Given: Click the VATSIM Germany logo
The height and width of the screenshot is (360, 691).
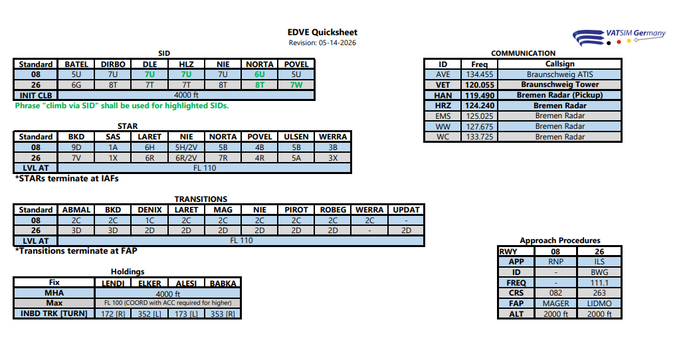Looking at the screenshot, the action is tap(619, 37).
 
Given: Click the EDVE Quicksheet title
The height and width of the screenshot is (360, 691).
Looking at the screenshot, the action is tap(322, 32).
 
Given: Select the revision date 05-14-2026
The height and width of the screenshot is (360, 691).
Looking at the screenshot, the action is tap(338, 43).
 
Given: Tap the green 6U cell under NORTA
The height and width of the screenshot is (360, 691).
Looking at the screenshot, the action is tap(260, 74).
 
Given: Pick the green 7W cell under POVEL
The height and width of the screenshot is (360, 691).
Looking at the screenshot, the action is tap(296, 84).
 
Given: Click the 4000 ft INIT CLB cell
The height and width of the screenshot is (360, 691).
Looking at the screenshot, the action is tap(186, 95).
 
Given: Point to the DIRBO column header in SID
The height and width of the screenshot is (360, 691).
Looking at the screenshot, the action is tap(113, 64).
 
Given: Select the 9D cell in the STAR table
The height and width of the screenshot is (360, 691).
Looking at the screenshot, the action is tap(76, 147).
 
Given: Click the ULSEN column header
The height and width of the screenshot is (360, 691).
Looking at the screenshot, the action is tap(296, 137).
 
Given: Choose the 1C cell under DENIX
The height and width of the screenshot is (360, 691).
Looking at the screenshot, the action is tap(149, 221).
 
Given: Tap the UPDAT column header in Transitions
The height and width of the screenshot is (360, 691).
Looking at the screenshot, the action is tap(406, 210).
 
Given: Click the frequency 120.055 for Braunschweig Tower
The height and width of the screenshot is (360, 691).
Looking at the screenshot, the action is tap(479, 84).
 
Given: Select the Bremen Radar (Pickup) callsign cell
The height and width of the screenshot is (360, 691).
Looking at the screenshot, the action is tap(559, 95).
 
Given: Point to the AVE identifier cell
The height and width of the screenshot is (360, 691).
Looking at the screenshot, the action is tap(443, 74).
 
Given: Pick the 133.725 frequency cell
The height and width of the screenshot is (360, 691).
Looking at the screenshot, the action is tap(479, 137).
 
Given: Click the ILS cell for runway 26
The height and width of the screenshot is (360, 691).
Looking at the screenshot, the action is tap(599, 262).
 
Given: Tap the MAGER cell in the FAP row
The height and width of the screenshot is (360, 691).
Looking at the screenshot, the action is tap(555, 303).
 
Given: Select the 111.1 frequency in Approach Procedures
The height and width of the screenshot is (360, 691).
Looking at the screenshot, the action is tap(599, 282).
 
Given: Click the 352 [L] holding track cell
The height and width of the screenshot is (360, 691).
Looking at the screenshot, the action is tap(149, 314).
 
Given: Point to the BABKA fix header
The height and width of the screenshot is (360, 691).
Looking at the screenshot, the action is tap(223, 284).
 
